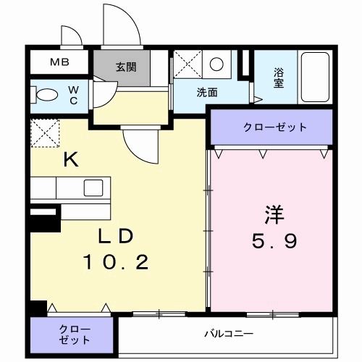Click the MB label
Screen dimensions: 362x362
(59, 62)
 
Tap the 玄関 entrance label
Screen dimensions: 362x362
(125, 67)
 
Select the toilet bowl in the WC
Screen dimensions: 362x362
(48, 95)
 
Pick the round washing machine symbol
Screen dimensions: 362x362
(216, 64)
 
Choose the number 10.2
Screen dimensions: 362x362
(116, 261)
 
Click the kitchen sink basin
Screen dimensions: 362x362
(94, 188)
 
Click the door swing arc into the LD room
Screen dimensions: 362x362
(141, 145)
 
